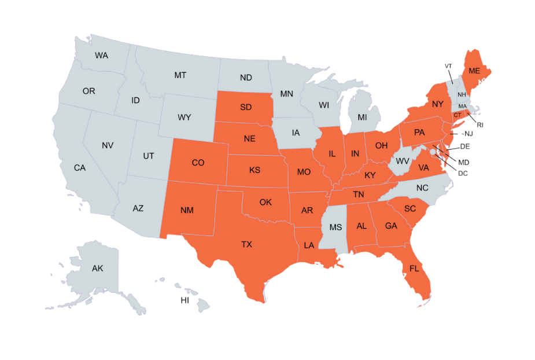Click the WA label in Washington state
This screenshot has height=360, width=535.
pyautogui.click(x=102, y=56)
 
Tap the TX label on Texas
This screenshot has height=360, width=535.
pyautogui.click(x=247, y=245)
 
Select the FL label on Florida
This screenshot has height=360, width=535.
pyautogui.click(x=414, y=269)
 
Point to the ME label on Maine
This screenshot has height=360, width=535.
pyautogui.click(x=474, y=71)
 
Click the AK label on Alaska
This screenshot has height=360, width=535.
pyautogui.click(x=97, y=269)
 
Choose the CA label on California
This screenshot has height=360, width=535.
pyautogui.click(x=80, y=168)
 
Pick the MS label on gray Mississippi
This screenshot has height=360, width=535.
pyautogui.click(x=335, y=227)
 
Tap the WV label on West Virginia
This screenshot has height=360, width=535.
pyautogui.click(x=402, y=160)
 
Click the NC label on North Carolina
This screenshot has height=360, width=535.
pyautogui.click(x=422, y=188)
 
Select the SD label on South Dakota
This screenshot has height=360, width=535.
pyautogui.click(x=246, y=108)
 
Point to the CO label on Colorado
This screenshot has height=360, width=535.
pyautogui.click(x=198, y=163)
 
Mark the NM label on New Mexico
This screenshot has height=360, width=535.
pyautogui.click(x=187, y=210)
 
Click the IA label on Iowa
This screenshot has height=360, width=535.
pyautogui.click(x=296, y=133)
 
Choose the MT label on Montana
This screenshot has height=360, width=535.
pyautogui.click(x=180, y=75)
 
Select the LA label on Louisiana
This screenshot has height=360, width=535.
pyautogui.click(x=309, y=245)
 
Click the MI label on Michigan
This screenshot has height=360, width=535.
pyautogui.click(x=362, y=117)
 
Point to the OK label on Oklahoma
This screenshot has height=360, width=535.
pyautogui.click(x=265, y=203)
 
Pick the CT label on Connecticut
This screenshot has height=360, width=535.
pyautogui.click(x=457, y=115)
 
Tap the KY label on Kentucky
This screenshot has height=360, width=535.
pyautogui.click(x=370, y=175)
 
